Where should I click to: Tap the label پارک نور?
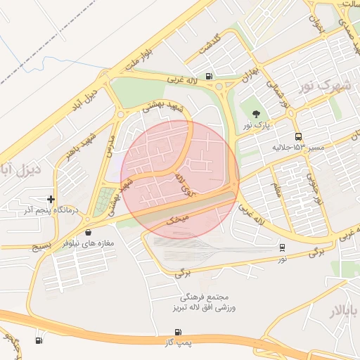click(257, 125)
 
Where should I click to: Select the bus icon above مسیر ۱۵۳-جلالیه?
click(300, 136)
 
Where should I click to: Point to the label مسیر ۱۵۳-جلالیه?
click(298, 148)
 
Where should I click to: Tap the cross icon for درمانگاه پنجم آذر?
click(51, 200)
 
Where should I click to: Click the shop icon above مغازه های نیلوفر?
click(88, 232)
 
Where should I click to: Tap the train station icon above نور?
click(282, 247)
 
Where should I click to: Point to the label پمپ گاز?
click(178, 342)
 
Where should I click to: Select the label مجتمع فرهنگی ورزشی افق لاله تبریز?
click(204, 303)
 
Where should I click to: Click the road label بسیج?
click(43, 247)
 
